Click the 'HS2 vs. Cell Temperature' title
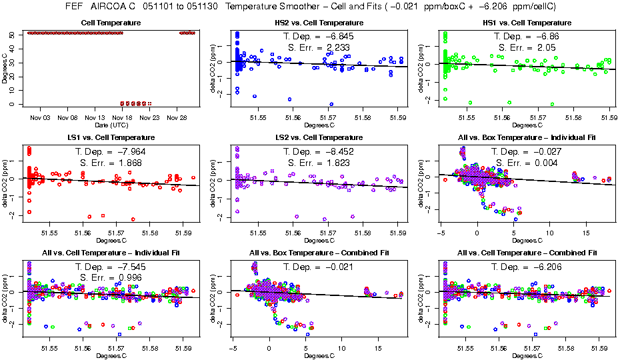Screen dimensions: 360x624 (315, 23)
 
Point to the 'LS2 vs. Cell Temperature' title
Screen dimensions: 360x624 (315, 137)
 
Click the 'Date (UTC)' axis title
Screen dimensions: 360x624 (111, 125)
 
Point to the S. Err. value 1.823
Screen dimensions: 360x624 (336, 162)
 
